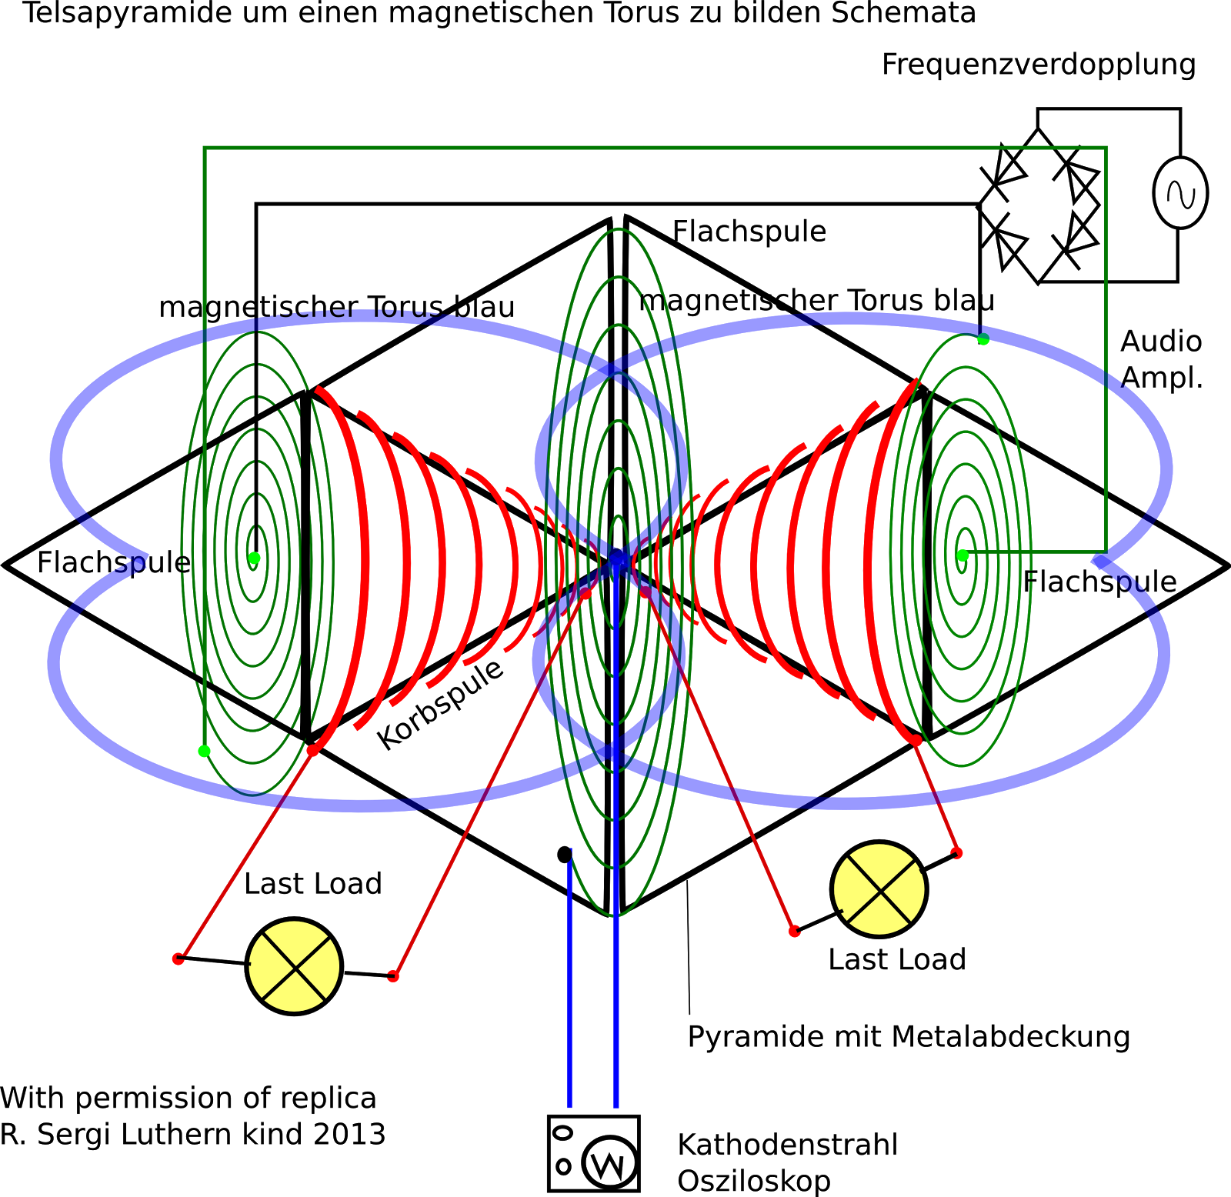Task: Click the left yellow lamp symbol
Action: (x=294, y=966)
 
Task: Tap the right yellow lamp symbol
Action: (x=879, y=889)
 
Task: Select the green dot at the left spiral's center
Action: (x=254, y=558)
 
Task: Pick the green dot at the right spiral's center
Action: (x=962, y=555)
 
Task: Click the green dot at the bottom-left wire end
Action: (x=204, y=751)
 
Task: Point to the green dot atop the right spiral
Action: (x=983, y=339)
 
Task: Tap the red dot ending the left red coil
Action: (x=312, y=750)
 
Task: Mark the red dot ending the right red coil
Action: (x=916, y=740)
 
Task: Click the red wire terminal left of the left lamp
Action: (x=178, y=959)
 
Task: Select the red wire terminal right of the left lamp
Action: (x=393, y=976)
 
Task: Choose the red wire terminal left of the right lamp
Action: (x=795, y=931)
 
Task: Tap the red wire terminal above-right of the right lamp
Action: (x=956, y=853)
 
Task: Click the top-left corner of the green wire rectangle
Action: (x=205, y=148)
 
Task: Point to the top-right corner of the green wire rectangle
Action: (x=1106, y=148)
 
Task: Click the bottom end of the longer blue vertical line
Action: (x=616, y=1108)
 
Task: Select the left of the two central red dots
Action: (x=586, y=594)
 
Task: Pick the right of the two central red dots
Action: (x=645, y=592)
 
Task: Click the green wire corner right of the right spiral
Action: (x=1106, y=552)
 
